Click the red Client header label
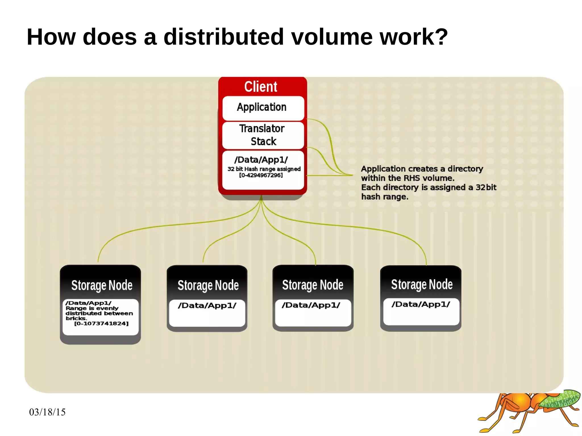[261, 87]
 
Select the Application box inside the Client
[262, 107]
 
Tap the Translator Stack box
[262, 135]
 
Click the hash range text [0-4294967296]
[261, 175]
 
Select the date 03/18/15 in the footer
[47, 412]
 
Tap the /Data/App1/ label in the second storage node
[207, 306]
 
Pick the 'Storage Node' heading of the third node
[313, 285]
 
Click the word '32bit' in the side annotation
[486, 187]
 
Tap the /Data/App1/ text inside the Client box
[261, 160]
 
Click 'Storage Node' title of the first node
[102, 285]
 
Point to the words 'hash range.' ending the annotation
[384, 197]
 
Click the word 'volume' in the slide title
[331, 37]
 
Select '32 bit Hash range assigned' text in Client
[264, 169]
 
